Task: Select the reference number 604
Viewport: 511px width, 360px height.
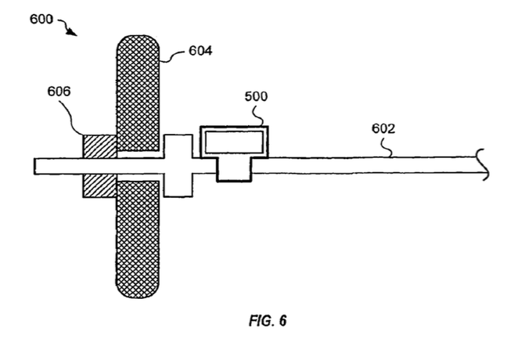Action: pyautogui.click(x=201, y=52)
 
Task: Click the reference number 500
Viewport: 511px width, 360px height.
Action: pyautogui.click(x=255, y=97)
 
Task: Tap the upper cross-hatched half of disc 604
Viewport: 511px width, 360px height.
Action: pyautogui.click(x=139, y=90)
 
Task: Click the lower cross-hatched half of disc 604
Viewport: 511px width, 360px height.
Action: pyautogui.click(x=139, y=239)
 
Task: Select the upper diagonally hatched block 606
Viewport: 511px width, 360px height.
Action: pyautogui.click(x=99, y=145)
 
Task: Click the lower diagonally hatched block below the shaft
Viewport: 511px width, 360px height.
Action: pyautogui.click(x=99, y=186)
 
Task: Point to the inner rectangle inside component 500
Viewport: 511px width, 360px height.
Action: pyautogui.click(x=234, y=142)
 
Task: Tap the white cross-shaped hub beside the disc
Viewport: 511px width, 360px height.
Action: pyautogui.click(x=178, y=165)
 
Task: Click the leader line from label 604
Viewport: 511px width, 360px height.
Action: pyautogui.click(x=174, y=55)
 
